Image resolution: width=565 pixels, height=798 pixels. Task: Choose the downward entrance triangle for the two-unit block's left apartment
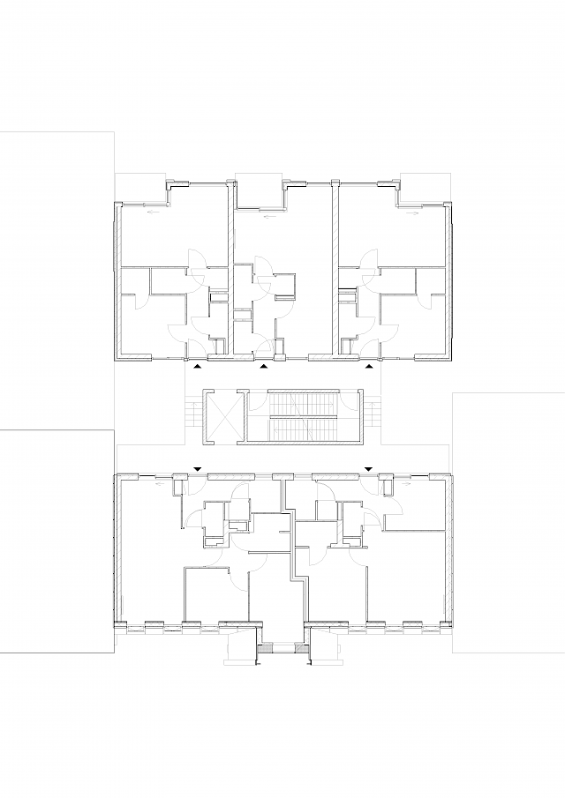pyautogui.click(x=198, y=468)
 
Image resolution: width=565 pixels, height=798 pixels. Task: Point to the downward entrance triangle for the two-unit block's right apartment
pyautogui.click(x=369, y=468)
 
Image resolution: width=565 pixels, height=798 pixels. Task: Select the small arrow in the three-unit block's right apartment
pyautogui.click(x=411, y=213)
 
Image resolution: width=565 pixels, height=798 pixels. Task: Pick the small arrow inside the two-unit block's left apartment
pyautogui.click(x=161, y=483)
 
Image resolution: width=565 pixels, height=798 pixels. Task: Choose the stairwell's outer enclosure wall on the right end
pyautogui.click(x=358, y=414)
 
